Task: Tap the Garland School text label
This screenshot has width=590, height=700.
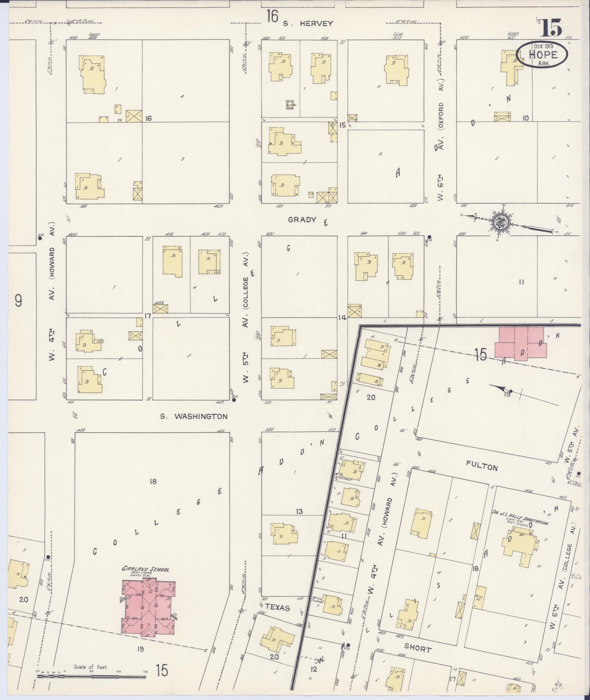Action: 146,569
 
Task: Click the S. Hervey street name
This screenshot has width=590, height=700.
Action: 308,23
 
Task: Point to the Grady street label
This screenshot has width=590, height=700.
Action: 302,220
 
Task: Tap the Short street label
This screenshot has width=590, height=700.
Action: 418,649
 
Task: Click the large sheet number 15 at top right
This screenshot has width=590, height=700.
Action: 551,28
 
